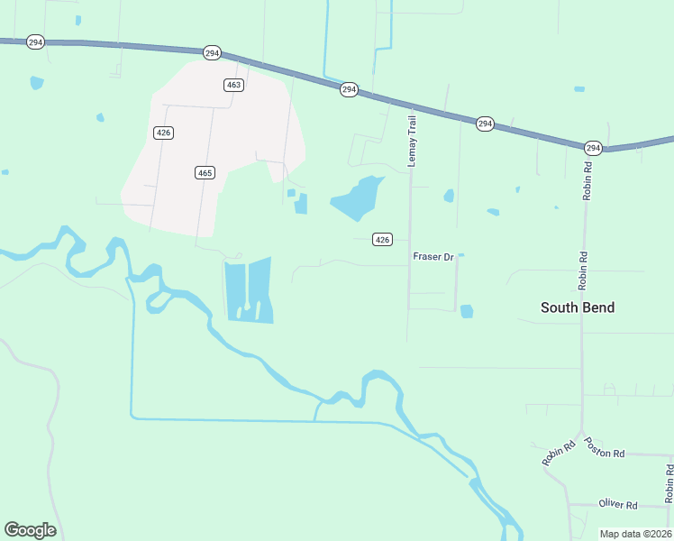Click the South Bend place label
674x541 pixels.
point(578,307)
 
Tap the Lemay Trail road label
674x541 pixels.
point(413,141)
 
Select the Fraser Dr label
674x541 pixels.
point(433,257)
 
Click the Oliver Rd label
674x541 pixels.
point(619,505)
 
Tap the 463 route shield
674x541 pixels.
point(234,85)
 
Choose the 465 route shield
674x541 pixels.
point(205,172)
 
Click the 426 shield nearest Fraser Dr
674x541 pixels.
point(382,239)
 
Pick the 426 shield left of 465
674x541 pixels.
point(163,133)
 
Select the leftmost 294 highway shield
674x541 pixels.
point(35,42)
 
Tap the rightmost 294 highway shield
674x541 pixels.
point(592,147)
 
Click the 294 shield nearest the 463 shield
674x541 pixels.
point(212,53)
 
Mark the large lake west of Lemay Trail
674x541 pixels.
point(357,198)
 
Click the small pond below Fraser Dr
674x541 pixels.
point(466,311)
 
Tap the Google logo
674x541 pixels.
point(30,530)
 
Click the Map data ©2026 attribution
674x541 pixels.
point(635,534)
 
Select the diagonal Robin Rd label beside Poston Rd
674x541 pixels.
point(559,454)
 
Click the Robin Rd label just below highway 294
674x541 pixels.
point(586,180)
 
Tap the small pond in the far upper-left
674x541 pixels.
point(37,83)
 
